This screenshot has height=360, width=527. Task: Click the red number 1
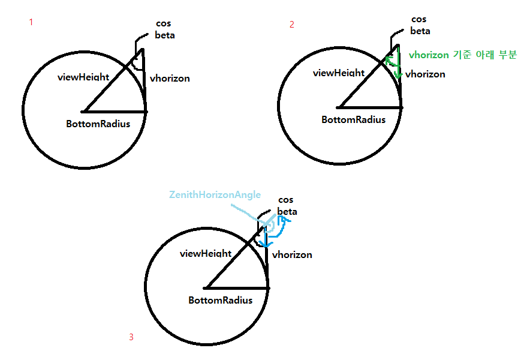(x=31, y=22)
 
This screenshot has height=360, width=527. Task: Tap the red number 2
(x=292, y=25)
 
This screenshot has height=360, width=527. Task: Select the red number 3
(x=131, y=337)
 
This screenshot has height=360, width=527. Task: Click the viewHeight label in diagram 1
(x=83, y=77)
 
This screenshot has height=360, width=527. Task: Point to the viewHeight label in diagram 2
(x=339, y=73)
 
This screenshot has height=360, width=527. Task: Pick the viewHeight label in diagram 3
(x=206, y=253)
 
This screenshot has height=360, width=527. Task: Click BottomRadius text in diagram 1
(x=98, y=124)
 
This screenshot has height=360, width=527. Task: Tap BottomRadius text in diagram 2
(x=353, y=119)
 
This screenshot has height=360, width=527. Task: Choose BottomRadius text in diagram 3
(x=220, y=300)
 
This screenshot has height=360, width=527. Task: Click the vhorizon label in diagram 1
(x=170, y=78)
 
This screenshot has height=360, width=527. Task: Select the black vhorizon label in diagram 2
(x=425, y=74)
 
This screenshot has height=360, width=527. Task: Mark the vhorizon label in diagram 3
(x=292, y=254)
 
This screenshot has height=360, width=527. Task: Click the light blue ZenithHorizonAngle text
(x=215, y=194)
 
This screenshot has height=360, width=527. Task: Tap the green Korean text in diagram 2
(x=462, y=55)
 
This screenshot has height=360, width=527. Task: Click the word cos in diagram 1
(x=162, y=23)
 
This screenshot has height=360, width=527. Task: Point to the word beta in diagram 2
(x=420, y=31)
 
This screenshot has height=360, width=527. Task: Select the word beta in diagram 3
(x=287, y=211)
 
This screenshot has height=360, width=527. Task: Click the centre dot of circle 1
(x=85, y=111)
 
